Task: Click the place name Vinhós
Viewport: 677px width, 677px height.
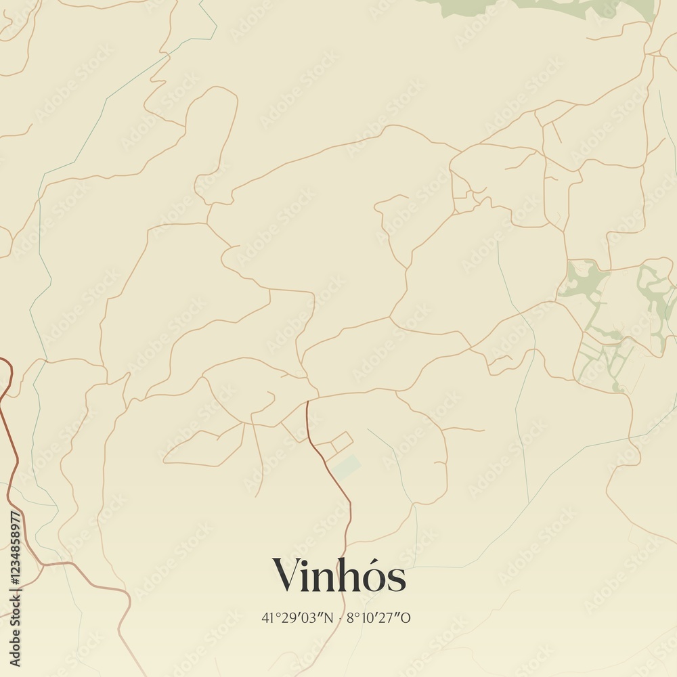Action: click(x=339, y=576)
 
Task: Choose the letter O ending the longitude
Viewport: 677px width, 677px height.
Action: click(x=407, y=617)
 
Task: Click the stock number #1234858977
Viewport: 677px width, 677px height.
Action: click(x=16, y=556)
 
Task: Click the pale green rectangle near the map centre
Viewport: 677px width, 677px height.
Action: click(x=347, y=467)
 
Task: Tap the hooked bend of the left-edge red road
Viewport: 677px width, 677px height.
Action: click(x=8, y=369)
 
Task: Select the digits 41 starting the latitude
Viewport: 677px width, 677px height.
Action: click(x=267, y=617)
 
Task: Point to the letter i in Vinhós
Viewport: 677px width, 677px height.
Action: click(x=307, y=575)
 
